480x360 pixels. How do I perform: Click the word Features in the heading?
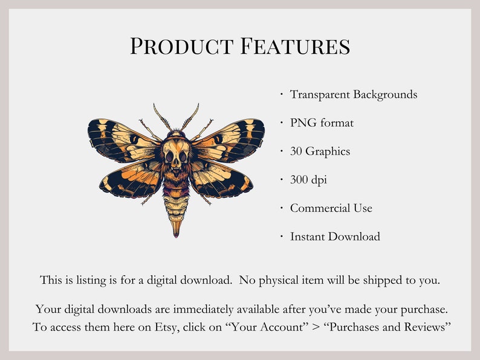point(294,47)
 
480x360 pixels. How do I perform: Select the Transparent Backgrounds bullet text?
point(354,94)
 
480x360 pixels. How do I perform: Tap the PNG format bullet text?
point(322,123)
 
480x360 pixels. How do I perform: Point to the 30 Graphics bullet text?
point(320,151)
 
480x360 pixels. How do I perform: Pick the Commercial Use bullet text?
point(331,208)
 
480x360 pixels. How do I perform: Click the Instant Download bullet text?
point(335,236)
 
